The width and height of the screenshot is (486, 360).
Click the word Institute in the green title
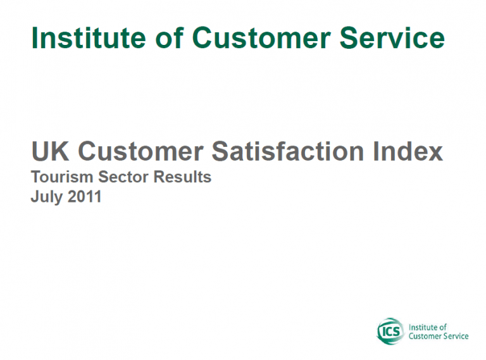(89, 38)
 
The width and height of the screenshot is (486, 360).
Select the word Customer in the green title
(261, 38)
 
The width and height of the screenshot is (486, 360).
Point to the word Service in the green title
(392, 38)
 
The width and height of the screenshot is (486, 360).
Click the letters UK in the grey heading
(50, 151)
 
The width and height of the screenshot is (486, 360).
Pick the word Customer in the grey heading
(140, 151)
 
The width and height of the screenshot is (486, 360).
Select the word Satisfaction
(288, 151)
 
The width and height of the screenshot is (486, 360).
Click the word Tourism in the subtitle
(62, 177)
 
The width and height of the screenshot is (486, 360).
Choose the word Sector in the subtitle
(123, 177)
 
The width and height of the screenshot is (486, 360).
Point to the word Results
(182, 177)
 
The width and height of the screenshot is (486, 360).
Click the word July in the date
(46, 197)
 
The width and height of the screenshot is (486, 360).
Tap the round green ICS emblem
(390, 332)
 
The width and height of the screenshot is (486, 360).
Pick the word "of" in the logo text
(444, 327)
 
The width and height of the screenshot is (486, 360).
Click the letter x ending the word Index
(435, 154)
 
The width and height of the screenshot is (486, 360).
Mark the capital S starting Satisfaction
(220, 151)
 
